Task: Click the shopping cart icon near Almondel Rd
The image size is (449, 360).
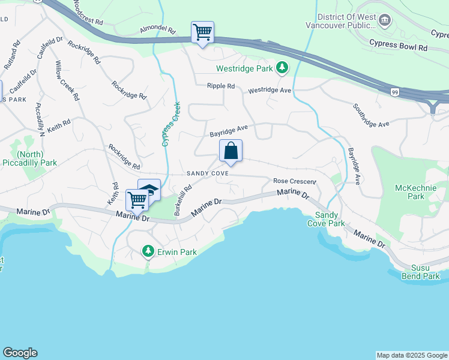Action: coord(202,32)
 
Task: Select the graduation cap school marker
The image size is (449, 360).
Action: coord(150,190)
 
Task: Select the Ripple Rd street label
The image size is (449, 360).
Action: coord(221,86)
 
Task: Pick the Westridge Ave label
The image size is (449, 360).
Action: coord(270,91)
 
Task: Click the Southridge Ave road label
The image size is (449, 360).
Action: coord(371,115)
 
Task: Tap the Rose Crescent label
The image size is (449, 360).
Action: coord(294,181)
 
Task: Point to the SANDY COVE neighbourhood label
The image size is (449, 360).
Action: coord(206,173)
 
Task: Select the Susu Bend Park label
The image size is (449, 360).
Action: coord(420,272)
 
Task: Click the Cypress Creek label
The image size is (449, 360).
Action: coord(171,124)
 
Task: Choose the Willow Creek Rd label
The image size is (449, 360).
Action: coord(67,80)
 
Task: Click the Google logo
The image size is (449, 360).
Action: coord(20,353)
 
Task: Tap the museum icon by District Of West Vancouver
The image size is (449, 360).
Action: coord(386,21)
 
